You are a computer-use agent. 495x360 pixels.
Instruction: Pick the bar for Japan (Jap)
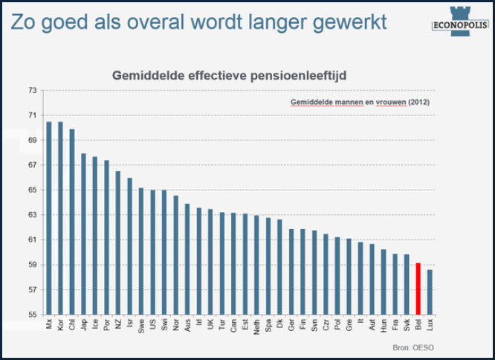84,234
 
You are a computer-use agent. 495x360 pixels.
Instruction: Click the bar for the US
153,252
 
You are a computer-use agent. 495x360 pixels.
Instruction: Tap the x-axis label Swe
142,328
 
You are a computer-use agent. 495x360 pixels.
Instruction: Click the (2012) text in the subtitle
419,103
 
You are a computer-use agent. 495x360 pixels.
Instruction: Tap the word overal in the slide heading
156,20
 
